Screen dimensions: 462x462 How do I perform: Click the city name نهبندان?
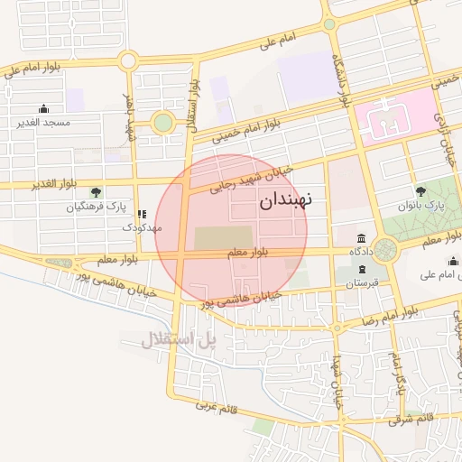point(298,202)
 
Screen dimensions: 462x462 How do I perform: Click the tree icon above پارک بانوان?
point(420,190)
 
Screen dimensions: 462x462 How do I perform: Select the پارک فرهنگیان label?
point(96,207)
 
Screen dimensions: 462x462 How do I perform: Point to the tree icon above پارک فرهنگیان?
point(97,191)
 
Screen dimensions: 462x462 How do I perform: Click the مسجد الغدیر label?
point(44,121)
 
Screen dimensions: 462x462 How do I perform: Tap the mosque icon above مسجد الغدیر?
point(45,107)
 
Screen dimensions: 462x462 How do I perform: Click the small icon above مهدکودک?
point(140,214)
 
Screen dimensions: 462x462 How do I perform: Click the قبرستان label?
point(361,284)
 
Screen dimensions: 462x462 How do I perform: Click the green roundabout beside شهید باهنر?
point(162,123)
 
